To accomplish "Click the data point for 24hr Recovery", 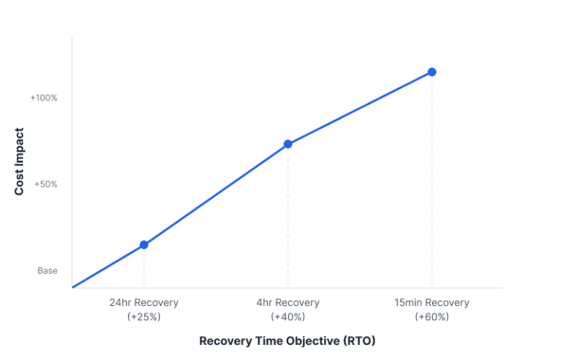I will point(144,244).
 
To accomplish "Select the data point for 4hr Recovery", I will point(288,144).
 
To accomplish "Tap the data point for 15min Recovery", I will point(432,72).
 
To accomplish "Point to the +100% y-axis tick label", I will point(43,97).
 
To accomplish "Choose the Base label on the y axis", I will point(47,271).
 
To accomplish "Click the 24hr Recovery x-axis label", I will point(144,303).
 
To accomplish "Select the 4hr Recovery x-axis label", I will point(288,303).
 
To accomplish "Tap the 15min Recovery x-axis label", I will point(432,303).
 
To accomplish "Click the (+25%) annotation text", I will point(144,317).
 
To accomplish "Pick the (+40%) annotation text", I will point(288,317).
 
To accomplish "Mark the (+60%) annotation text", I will point(432,317).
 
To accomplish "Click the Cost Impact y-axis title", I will point(19,162).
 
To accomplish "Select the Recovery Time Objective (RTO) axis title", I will point(287,340).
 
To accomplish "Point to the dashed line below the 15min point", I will point(432,180).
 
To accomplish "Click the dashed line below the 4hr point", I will point(288,217).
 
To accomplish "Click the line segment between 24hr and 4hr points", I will point(216,194).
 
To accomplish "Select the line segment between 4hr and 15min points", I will point(360,108).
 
